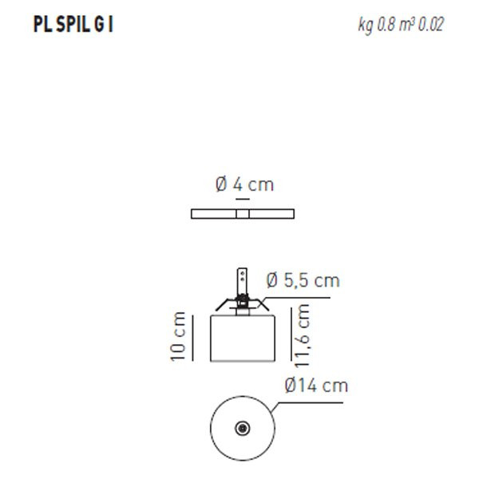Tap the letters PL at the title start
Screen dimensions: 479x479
tap(42, 25)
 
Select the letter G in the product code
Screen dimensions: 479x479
tap(99, 25)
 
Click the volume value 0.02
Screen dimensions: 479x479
tap(431, 25)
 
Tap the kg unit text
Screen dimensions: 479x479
tap(366, 26)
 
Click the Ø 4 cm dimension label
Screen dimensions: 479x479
tap(243, 184)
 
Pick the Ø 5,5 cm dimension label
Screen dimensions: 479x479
tap(303, 280)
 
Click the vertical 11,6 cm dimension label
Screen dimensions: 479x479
tap(302, 336)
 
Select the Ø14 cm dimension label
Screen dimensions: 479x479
tap(316, 386)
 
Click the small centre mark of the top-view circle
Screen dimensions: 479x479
tap(242, 429)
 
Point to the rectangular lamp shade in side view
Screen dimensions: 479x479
tap(243, 338)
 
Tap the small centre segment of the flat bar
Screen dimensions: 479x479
tap(243, 213)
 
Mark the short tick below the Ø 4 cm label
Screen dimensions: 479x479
tap(243, 200)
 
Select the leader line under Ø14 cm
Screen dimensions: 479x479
tap(311, 402)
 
